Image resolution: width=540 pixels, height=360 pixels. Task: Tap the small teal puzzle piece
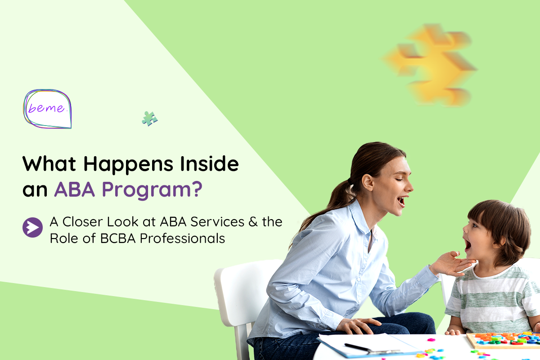pyautogui.click(x=149, y=118)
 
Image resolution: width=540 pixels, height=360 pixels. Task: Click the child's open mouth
pyautogui.click(x=468, y=245)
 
